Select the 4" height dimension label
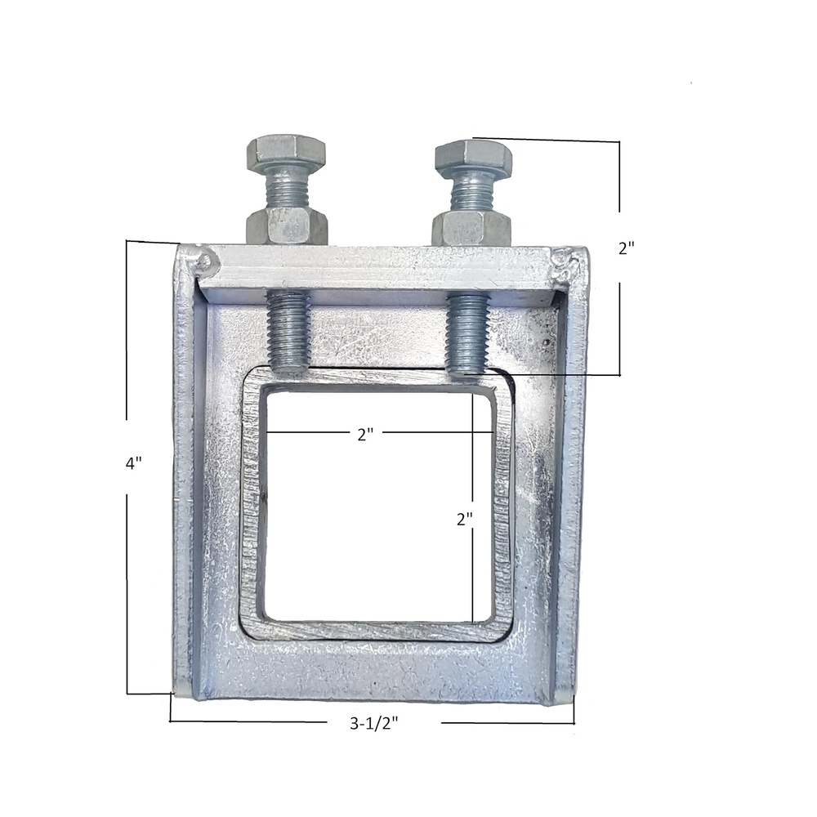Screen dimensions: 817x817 134,462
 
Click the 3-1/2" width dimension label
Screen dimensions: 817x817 374,723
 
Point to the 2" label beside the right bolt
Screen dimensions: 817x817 627,248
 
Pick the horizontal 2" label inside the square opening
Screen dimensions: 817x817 366,434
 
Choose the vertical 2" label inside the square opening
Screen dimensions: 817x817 464,519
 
